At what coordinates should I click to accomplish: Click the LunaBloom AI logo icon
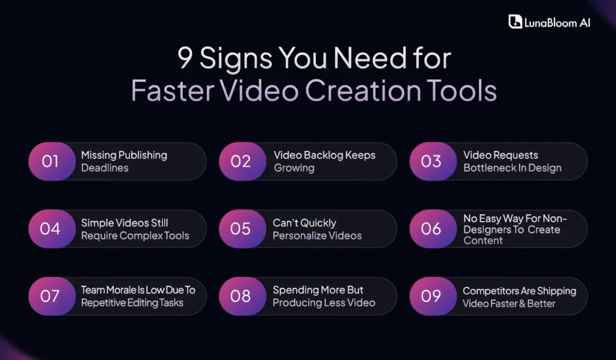coord(515,22)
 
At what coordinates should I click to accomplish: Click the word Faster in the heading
coord(168,91)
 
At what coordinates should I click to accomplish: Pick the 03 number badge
coord(431,161)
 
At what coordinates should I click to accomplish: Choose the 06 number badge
coord(431,229)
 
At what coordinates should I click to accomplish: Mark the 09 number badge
coord(431,296)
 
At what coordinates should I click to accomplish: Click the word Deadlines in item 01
coord(105,168)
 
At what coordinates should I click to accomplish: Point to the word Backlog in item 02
coord(321,155)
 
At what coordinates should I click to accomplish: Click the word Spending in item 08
coord(295,290)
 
